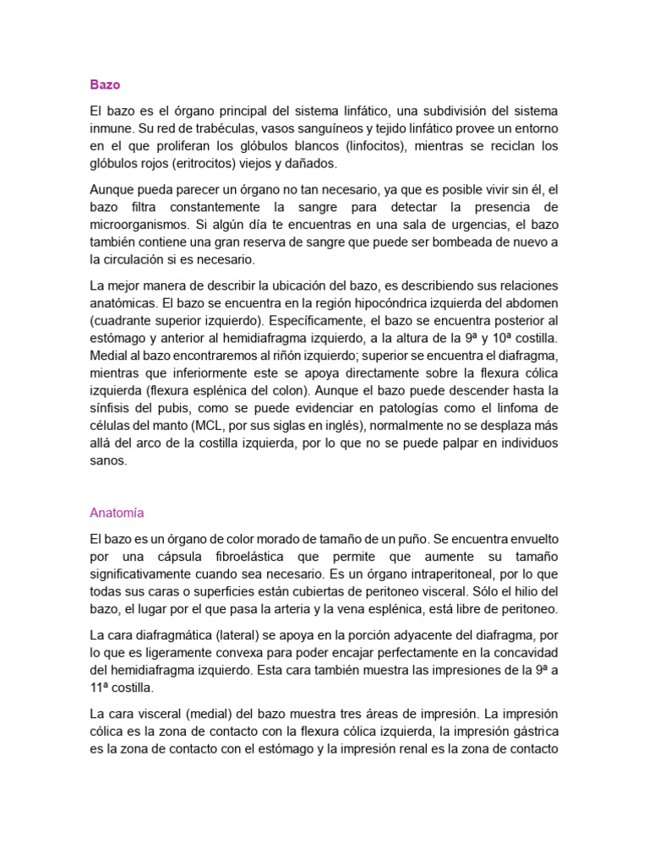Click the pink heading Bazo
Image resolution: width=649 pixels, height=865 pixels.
(105, 84)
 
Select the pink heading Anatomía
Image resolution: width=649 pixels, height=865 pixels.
(117, 512)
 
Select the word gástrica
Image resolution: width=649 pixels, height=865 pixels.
(533, 730)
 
